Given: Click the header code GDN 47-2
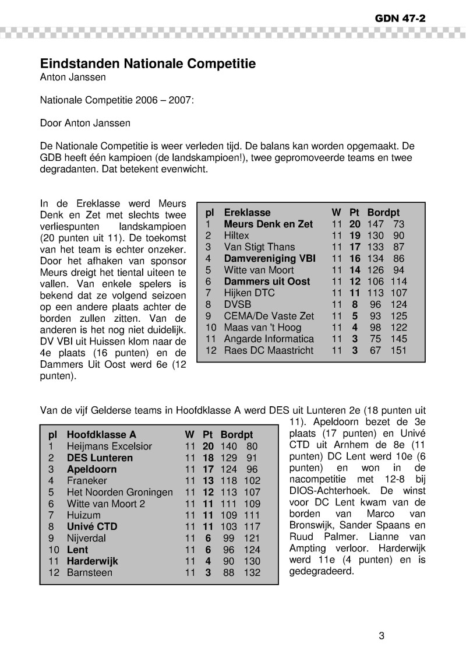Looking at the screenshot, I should [x=400, y=18].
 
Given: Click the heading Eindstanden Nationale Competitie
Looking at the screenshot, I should [x=147, y=64].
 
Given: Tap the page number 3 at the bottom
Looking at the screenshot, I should [x=382, y=636].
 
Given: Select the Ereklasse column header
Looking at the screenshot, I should [x=247, y=213].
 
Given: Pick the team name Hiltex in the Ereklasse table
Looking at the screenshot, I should [x=236, y=235].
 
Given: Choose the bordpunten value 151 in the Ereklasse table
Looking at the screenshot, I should [x=398, y=350].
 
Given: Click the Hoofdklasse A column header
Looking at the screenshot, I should [x=101, y=435].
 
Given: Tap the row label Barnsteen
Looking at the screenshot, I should [x=90, y=572].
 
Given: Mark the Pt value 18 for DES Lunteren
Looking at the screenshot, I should [x=207, y=458].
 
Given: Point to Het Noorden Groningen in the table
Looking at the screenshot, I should [x=119, y=493].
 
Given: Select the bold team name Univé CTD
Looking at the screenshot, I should [x=92, y=527].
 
